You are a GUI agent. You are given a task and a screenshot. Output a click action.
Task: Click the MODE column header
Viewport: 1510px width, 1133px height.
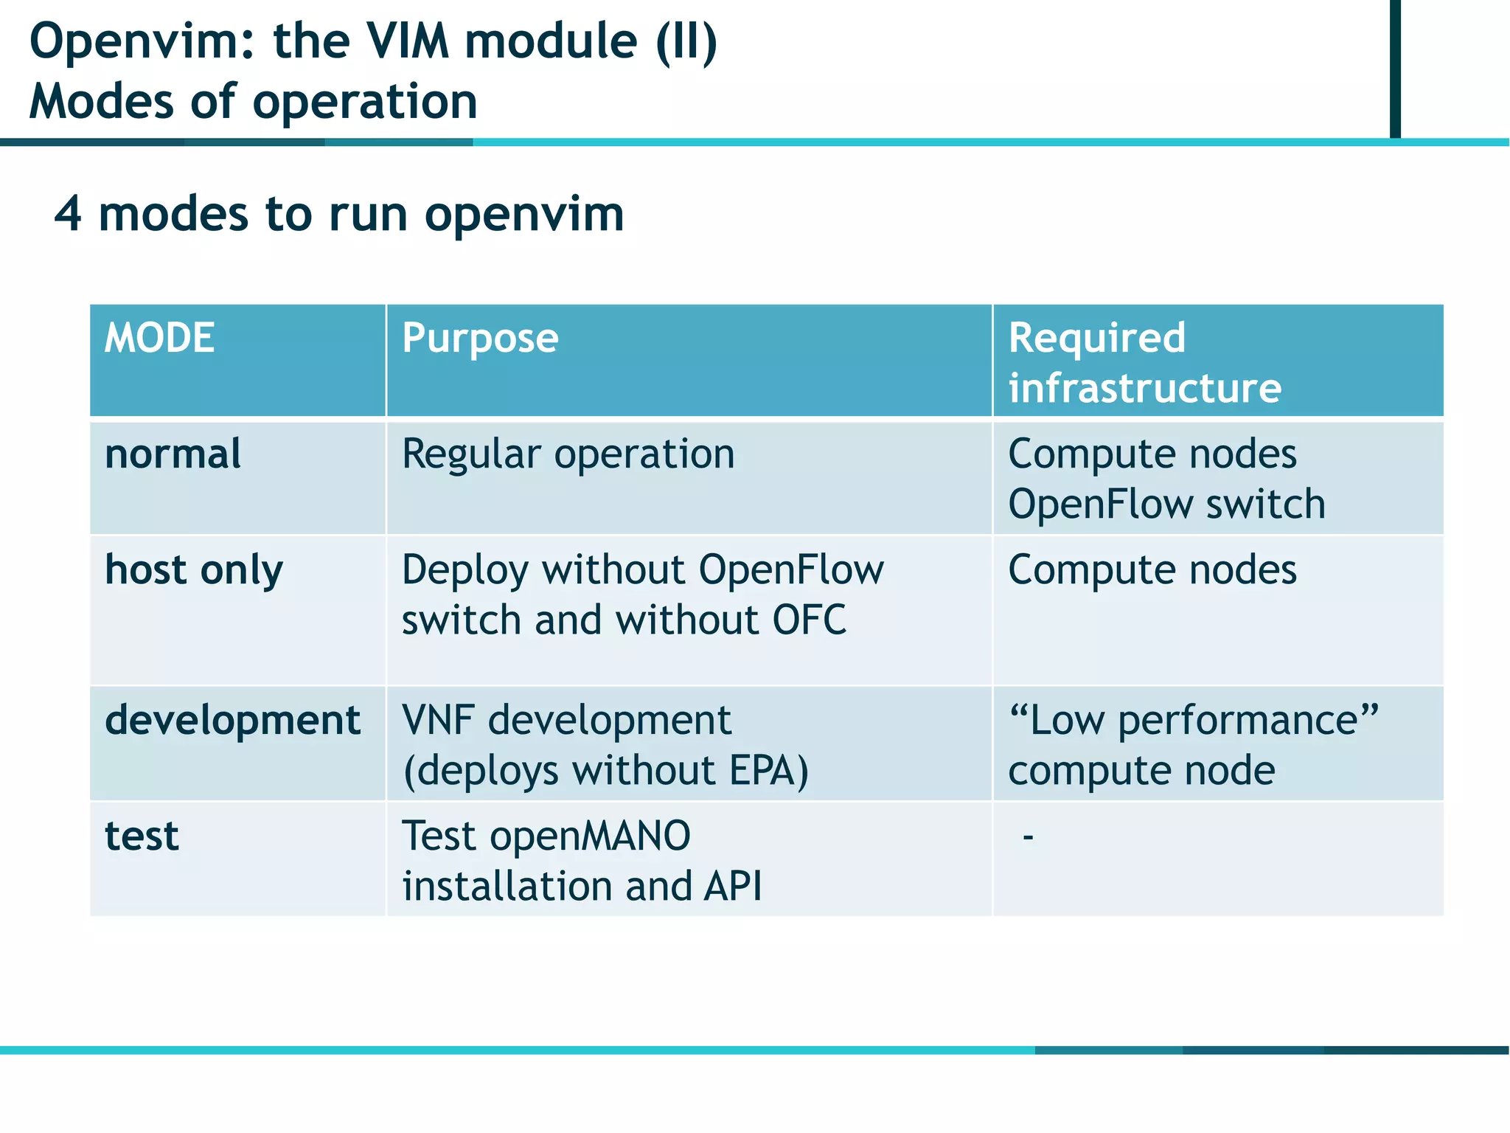159,338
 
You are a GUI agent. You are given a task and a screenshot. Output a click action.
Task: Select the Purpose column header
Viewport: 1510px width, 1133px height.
480,339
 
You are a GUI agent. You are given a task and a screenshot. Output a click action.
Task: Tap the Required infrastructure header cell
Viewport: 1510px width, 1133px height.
1144,362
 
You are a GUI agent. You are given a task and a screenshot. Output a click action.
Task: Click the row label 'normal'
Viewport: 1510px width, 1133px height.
173,454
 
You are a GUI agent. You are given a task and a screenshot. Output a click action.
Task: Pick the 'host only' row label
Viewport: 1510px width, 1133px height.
194,570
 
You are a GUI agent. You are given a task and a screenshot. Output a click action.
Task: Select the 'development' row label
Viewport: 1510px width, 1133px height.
232,720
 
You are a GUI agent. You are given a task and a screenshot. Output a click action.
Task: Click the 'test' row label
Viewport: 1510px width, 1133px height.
142,836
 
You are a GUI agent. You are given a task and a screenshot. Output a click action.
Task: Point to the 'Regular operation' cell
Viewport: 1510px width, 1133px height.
568,454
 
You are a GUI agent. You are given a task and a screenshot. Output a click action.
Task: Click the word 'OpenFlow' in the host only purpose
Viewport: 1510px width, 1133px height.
790,570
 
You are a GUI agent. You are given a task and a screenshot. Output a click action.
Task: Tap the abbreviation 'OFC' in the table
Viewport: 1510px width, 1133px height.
809,620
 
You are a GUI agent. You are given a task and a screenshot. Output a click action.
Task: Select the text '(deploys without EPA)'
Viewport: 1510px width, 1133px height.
605,771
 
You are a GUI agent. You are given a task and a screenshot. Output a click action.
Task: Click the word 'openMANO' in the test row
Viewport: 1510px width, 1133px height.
590,836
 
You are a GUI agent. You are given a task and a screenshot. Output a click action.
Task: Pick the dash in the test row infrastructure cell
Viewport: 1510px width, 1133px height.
1028,837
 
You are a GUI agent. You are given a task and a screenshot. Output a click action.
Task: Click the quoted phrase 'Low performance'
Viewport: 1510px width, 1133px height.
1193,720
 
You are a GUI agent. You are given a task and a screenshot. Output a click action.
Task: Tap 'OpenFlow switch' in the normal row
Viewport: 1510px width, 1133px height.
1166,505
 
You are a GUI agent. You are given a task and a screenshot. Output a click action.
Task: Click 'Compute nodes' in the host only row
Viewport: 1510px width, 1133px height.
1152,570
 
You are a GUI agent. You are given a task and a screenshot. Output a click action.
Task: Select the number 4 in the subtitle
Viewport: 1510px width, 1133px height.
67,215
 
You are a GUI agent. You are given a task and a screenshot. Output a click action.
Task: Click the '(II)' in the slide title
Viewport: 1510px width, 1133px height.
686,41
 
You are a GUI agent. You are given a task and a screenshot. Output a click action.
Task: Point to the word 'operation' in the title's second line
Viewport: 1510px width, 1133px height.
365,102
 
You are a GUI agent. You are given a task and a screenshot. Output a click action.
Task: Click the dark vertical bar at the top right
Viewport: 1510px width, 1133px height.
1394,68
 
